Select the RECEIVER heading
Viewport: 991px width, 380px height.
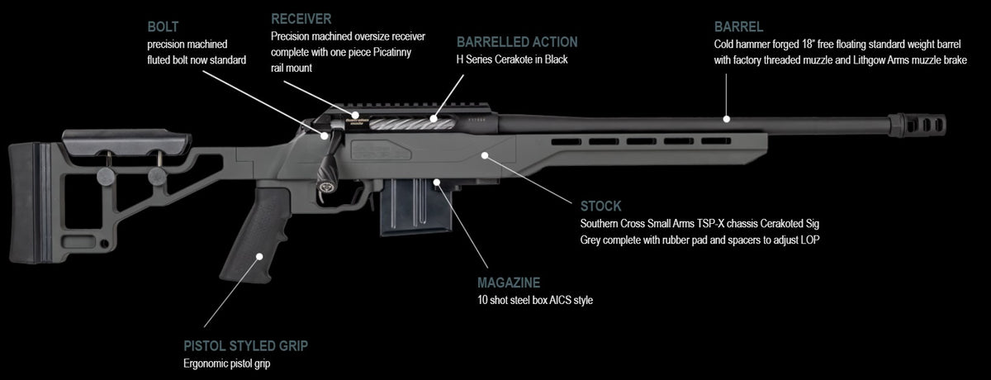[x=301, y=18]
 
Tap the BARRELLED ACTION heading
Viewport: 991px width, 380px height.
[x=517, y=42]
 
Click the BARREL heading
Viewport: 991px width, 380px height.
[x=738, y=26]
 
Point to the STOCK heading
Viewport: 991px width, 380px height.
[x=600, y=206]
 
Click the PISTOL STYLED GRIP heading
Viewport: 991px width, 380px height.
[x=245, y=345]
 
